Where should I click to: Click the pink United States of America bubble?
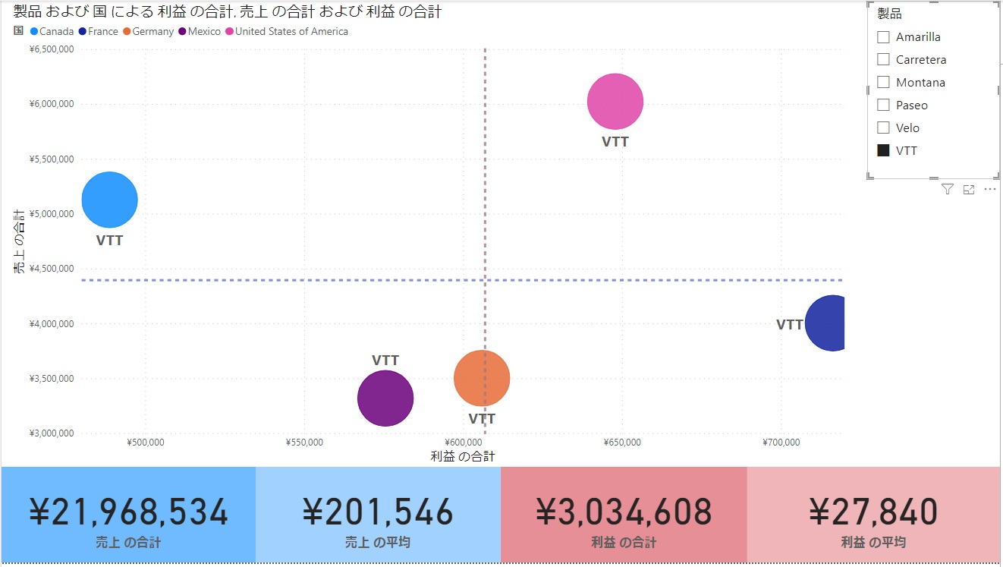615,102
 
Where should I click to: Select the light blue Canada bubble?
109,200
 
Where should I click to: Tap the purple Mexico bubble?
385,398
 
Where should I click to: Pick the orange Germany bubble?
482,378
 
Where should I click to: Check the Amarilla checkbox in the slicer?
883,37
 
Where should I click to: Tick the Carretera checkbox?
883,59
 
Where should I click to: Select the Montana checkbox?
883,82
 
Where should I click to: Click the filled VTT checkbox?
883,150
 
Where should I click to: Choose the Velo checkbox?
883,128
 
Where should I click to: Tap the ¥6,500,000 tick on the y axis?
51,49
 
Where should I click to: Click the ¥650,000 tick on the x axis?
622,443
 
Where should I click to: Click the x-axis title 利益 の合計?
463,456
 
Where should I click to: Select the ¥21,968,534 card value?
128,511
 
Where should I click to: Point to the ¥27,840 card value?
873,511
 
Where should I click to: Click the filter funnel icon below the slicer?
947,190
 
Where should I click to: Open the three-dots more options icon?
989,190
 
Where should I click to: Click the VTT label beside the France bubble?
789,325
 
